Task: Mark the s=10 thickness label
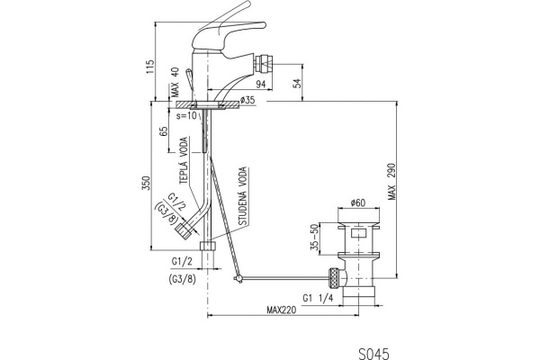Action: click(186, 115)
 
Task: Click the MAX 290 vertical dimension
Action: click(391, 186)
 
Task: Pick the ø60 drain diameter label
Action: click(356, 203)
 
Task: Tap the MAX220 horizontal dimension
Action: click(283, 311)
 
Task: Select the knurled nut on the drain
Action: click(334, 275)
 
